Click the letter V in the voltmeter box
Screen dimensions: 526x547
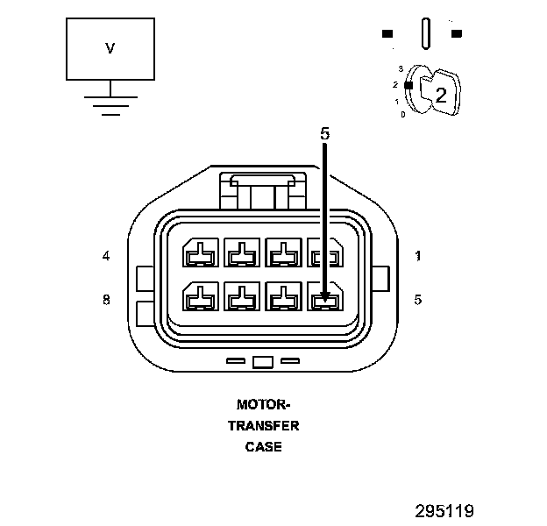tap(110, 49)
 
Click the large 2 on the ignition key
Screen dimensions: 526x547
tap(441, 96)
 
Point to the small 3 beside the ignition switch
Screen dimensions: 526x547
tap(400, 68)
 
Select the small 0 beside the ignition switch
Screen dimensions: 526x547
tap(402, 115)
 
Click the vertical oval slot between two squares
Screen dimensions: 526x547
tap(426, 34)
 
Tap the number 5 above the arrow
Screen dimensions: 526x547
tap(324, 134)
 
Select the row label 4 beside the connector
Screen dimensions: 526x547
tap(106, 256)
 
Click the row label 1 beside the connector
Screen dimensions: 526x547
tap(418, 256)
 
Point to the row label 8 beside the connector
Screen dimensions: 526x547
tap(106, 299)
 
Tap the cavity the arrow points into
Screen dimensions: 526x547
tap(325, 300)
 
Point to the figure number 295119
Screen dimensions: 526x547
tap(444, 509)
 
